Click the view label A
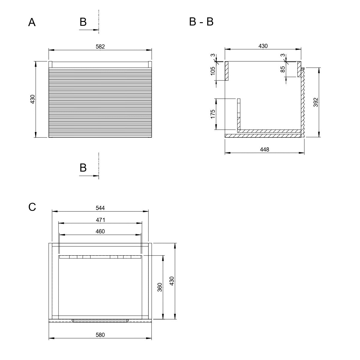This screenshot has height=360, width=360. click(32, 22)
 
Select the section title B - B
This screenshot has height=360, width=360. click(201, 22)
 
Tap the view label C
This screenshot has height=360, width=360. click(32, 207)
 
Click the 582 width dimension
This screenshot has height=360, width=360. click(100, 46)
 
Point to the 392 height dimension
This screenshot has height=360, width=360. click(316, 102)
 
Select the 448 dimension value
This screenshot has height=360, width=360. click(265, 149)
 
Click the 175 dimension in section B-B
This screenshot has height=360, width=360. click(213, 114)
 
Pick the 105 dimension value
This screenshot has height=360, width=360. click(213, 71)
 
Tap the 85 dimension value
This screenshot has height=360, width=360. click(283, 69)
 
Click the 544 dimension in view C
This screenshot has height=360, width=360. click(100, 208)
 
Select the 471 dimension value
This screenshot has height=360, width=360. click(100, 220)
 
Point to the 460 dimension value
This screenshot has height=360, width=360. click(100, 232)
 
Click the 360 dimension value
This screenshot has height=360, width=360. click(160, 287)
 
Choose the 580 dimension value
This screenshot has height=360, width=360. click(100, 335)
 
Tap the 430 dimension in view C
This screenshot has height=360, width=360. click(172, 281)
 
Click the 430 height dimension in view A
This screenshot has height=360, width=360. click(32, 99)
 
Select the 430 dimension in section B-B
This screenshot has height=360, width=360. click(263, 46)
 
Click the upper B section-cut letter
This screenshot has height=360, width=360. click(83, 22)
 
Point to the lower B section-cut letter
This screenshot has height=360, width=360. click(83, 168)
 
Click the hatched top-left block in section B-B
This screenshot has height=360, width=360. click(226, 71)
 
